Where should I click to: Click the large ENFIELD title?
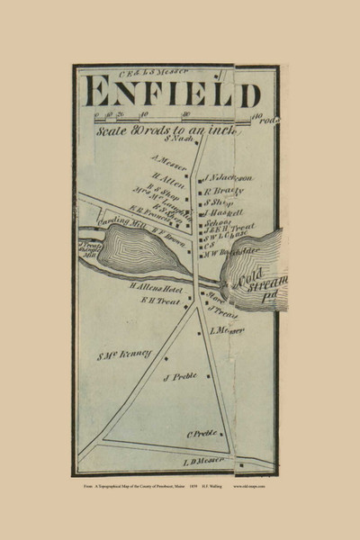pyautogui.click(x=171, y=93)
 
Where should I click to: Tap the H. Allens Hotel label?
pyautogui.click(x=154, y=287)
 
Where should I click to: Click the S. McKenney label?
pyautogui.click(x=126, y=353)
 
